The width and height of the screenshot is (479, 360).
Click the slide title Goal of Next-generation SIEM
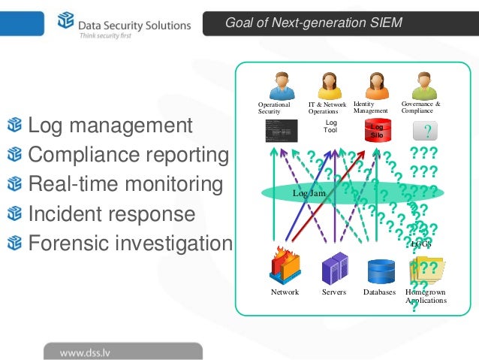314,23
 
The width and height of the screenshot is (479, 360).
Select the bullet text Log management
110,126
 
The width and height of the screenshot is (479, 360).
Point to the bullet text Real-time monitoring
125,184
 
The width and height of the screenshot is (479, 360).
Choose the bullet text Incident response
111,214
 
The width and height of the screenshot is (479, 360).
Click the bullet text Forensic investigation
130,244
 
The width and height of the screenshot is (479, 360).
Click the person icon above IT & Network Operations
329,86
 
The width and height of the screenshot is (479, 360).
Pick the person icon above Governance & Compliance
423,85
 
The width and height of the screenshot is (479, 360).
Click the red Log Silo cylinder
377,131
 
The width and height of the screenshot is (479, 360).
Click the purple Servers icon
334,268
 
